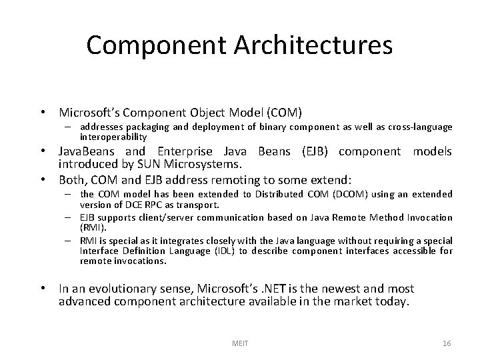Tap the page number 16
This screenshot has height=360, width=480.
coord(447,343)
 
